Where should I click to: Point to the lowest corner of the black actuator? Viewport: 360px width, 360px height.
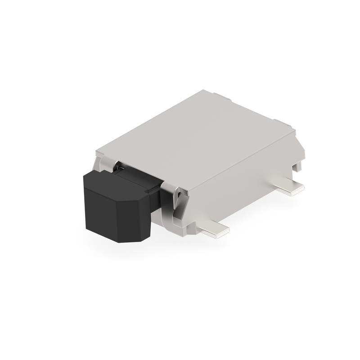tap(118, 242)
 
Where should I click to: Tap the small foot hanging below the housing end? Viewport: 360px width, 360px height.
tap(297, 166)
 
